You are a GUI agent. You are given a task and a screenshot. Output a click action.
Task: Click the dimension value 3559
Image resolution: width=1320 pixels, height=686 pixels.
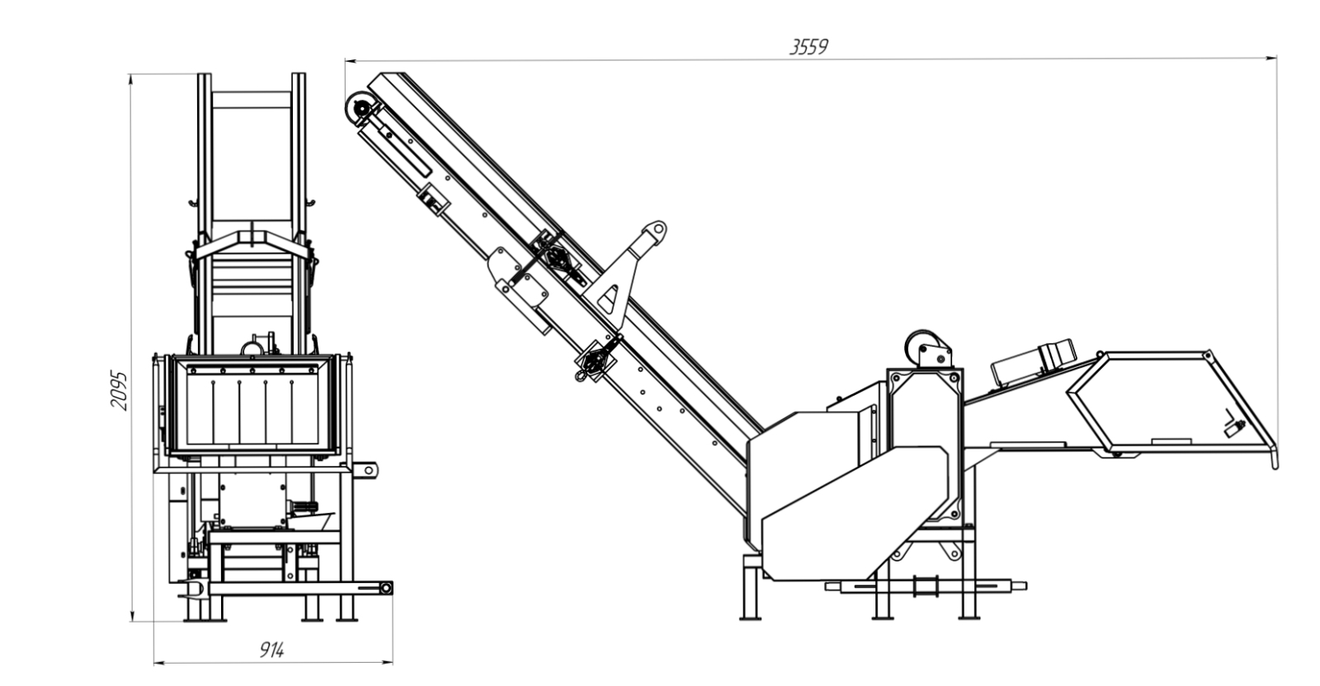[808, 46]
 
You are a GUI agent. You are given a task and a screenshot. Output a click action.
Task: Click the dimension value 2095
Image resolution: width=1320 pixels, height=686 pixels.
[119, 390]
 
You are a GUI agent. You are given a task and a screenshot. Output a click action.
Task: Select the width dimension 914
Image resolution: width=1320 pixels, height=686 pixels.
[271, 650]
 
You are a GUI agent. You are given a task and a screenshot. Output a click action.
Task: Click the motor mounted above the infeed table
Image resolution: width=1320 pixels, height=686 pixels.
[1034, 362]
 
